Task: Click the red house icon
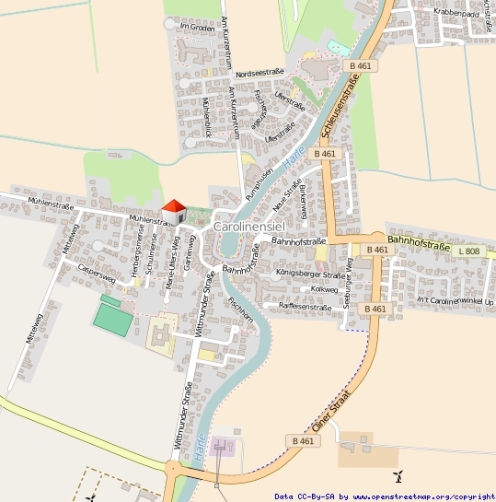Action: [x=172, y=211]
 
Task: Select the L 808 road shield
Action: [x=469, y=251]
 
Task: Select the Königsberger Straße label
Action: [x=310, y=274]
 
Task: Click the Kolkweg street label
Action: [x=324, y=289]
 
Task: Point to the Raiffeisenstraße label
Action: [x=296, y=307]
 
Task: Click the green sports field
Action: [x=112, y=319]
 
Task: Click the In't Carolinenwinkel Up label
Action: [x=455, y=301]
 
